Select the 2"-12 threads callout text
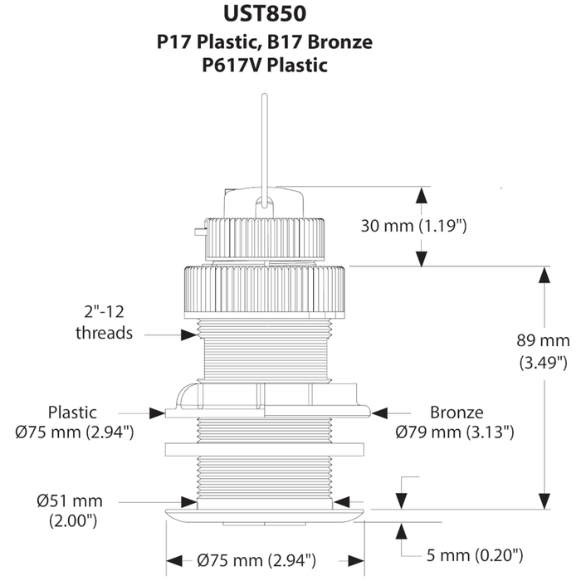[x=105, y=323]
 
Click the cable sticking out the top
[x=264, y=141]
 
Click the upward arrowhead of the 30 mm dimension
[x=421, y=196]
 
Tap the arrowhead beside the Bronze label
[x=379, y=411]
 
